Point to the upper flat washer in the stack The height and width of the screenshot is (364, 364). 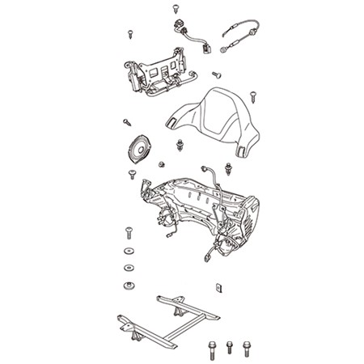tap(128, 253)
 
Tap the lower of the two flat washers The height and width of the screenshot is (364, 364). tap(128, 268)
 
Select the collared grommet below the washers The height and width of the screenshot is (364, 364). tap(128, 285)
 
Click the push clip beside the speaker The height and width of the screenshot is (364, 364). tap(179, 146)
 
